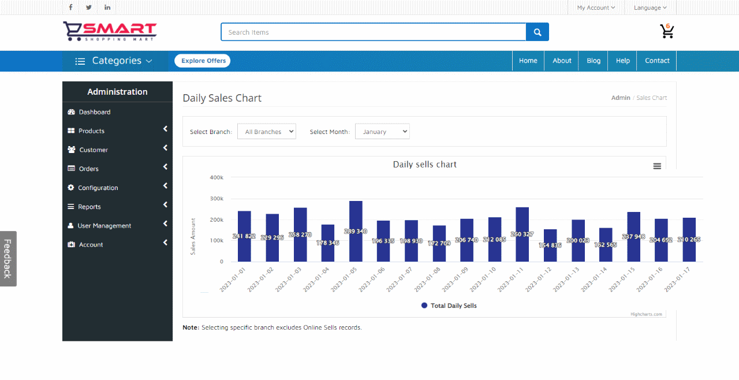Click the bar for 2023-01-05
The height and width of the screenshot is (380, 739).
[x=356, y=231]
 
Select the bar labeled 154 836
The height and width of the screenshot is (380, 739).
[x=550, y=245]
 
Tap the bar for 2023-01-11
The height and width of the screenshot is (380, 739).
[x=522, y=234]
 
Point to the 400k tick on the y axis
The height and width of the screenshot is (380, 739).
[x=217, y=177]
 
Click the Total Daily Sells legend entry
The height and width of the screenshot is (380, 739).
[x=449, y=306]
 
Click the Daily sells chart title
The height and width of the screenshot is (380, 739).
[x=424, y=165]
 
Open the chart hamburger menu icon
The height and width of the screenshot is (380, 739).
[x=657, y=166]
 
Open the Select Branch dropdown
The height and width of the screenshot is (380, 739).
[x=267, y=132]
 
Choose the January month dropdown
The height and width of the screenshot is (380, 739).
[x=382, y=132]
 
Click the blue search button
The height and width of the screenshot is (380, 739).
[x=538, y=32]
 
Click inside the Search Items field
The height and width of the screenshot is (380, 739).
[x=373, y=32]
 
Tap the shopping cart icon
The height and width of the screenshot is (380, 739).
[x=667, y=31]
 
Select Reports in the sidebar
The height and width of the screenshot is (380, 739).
[x=89, y=207]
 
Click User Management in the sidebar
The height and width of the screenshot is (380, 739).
[x=104, y=226]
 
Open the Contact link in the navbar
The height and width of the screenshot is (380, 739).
[x=657, y=61]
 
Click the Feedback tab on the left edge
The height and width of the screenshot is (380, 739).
[x=8, y=259]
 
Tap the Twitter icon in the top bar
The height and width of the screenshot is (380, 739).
[x=88, y=8]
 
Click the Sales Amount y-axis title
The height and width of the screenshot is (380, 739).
[x=193, y=236]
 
